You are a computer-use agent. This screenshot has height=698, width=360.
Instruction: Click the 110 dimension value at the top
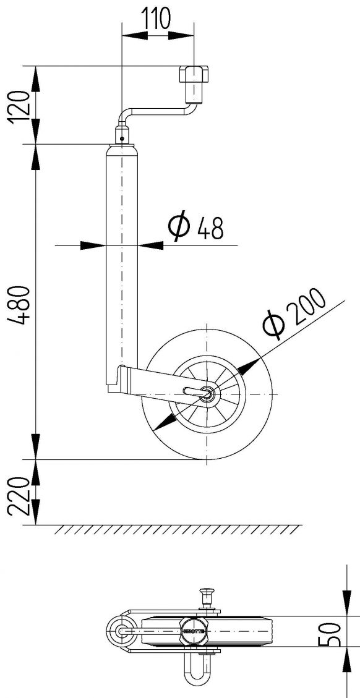coord(157,19)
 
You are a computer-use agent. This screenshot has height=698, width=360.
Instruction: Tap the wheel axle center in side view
coord(208,394)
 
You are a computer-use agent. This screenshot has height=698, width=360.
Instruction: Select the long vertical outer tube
coord(122,260)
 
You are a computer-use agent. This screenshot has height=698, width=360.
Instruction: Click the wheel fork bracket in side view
coord(148,380)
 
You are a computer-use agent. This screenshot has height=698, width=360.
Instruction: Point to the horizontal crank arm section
coord(158,111)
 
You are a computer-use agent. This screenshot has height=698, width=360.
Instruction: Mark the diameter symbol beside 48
coord(179,227)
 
